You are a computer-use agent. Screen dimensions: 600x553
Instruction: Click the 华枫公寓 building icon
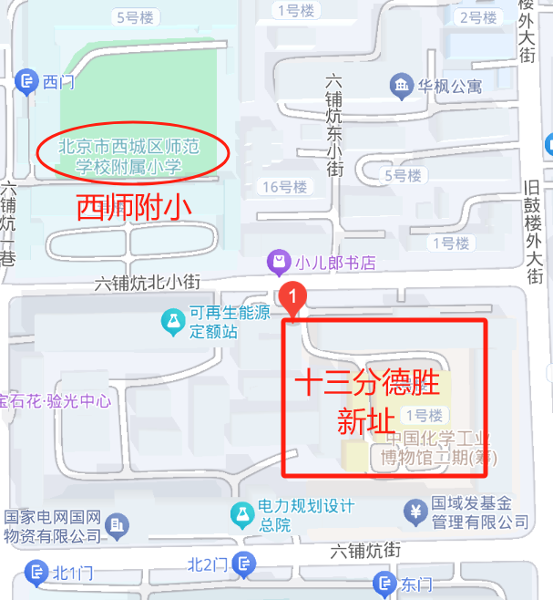[400, 87]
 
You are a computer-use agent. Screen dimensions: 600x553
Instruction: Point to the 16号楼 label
[284, 187]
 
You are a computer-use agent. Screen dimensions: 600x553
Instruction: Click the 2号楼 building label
[477, 17]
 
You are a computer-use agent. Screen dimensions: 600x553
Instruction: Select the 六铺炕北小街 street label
[148, 283]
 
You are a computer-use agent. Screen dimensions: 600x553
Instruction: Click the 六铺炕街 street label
[365, 551]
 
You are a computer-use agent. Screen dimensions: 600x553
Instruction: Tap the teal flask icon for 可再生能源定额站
[171, 320]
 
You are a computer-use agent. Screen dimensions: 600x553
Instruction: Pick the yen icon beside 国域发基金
[415, 512]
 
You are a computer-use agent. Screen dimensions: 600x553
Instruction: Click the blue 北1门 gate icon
[36, 573]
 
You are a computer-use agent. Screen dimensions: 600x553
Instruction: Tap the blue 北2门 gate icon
[244, 565]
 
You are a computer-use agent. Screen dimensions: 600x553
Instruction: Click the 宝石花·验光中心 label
[56, 400]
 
